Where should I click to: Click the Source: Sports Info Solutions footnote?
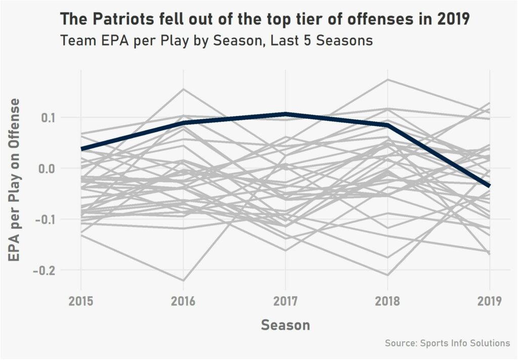coord(447,343)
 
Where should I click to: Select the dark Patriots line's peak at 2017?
coord(285,114)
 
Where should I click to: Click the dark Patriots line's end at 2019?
coord(489,186)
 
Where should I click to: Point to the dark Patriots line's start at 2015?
coord(81,149)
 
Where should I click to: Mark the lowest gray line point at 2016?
coord(183,281)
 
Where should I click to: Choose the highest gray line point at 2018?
coord(387,79)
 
